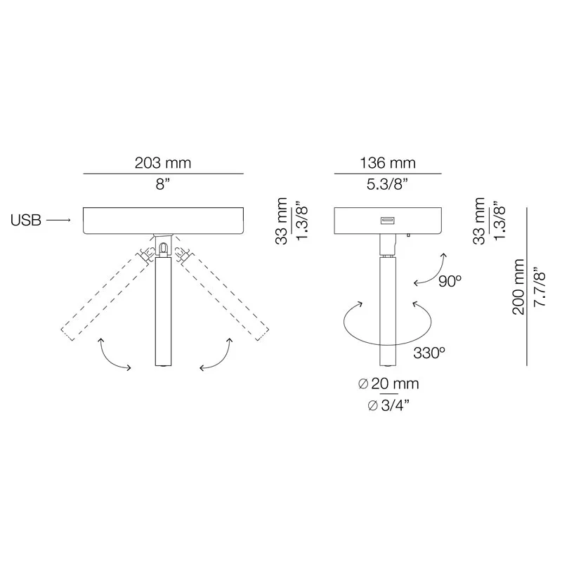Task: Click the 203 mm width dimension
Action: pos(163,163)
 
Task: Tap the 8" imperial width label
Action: pos(163,185)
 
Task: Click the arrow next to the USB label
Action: pos(59,221)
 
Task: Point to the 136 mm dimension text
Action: pos(387,163)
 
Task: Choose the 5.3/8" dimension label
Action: pos(387,185)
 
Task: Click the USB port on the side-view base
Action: pos(387,222)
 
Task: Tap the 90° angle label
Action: pos(450,281)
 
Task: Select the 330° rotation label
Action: pos(429,353)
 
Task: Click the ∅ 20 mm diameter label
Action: pos(388,384)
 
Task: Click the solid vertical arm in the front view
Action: pos(163,309)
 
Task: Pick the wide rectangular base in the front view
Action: pos(163,220)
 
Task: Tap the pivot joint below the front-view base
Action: pos(163,247)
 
